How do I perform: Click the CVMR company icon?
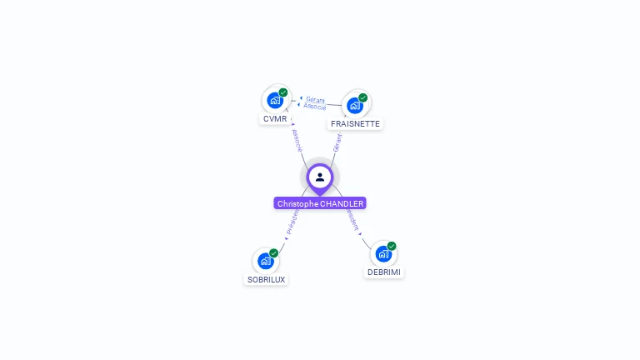pos(275,100)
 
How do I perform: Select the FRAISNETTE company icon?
pos(355,105)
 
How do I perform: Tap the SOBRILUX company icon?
pos(266,261)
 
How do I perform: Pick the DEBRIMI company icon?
pos(383,253)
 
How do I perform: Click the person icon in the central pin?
pos(320,177)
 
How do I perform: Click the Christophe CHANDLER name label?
pos(320,203)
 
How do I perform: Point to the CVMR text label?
pos(275,119)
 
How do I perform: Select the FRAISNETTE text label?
pos(355,124)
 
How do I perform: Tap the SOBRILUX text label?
pos(266,280)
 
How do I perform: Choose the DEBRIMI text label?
pos(384,272)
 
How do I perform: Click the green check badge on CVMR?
pos(283,92)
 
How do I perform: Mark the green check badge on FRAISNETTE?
pos(363,97)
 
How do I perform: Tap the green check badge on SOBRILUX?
pos(274,253)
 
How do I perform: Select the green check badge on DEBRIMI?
pos(392,246)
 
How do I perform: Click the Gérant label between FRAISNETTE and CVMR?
pos(315,99)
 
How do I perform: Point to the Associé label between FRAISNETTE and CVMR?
pos(315,107)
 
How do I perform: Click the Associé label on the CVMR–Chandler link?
pos(297,140)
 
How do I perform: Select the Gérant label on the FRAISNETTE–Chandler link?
pos(337,142)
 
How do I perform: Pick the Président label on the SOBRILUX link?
pos(292,222)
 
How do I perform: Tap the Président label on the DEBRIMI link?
pos(352,221)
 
